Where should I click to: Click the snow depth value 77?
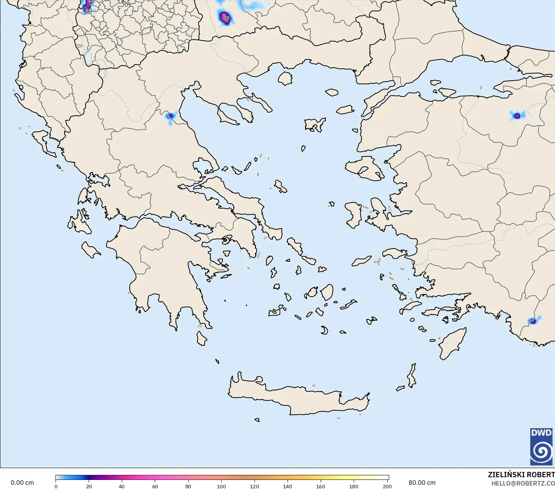click(226, 18)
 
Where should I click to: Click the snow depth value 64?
click(88, 10)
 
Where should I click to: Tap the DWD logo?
click(541, 446)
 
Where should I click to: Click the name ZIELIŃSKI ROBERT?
click(521, 475)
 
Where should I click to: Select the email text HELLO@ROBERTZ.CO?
click(523, 483)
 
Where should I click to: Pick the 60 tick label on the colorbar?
click(155, 486)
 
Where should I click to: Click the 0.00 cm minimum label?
click(22, 483)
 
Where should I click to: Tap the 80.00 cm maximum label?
click(422, 483)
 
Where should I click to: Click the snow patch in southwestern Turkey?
click(533, 321)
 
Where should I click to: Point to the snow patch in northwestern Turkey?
click(517, 116)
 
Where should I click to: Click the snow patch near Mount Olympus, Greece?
click(171, 116)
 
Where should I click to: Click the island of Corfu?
click(44, 142)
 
